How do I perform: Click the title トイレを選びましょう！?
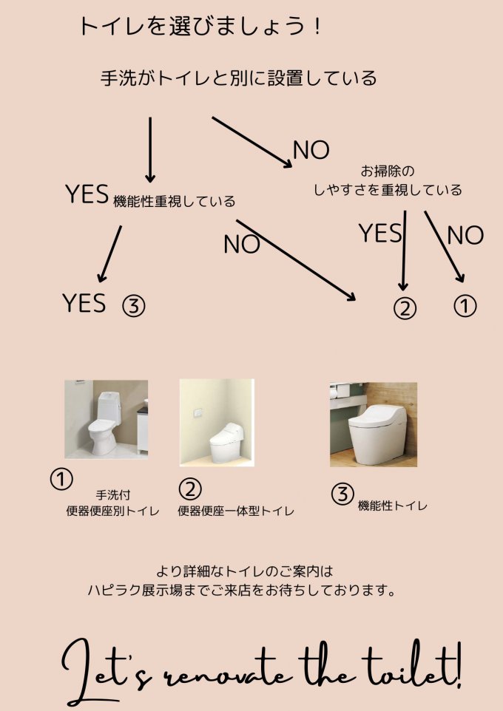click(200, 27)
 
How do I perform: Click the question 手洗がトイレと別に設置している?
click(238, 78)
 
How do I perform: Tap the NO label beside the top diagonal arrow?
click(311, 150)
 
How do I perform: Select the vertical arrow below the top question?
click(150, 149)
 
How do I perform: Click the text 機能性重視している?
click(175, 201)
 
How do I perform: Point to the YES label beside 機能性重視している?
click(87, 194)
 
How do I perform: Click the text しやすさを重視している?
click(388, 189)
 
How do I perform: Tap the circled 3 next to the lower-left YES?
click(133, 307)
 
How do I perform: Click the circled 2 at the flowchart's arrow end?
click(405, 309)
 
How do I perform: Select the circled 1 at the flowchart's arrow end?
click(465, 306)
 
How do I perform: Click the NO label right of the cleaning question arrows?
click(465, 235)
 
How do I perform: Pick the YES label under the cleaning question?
click(380, 233)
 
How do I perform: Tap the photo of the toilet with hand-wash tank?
click(107, 420)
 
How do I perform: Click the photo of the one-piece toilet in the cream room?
click(217, 423)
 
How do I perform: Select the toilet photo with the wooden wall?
click(373, 424)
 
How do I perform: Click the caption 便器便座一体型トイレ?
click(236, 511)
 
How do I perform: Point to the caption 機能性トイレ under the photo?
click(393, 506)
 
